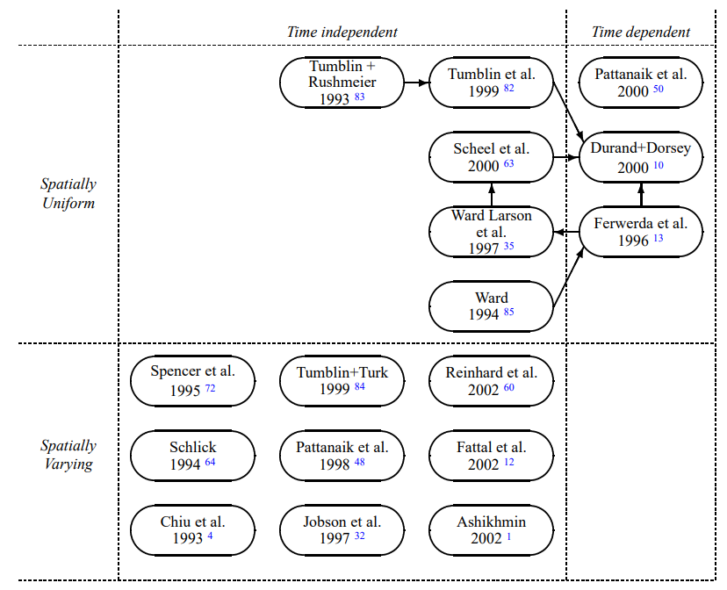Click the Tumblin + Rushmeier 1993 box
point(342,83)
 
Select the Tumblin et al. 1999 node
point(491,83)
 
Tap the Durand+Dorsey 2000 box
point(641,157)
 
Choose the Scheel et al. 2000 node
point(491,157)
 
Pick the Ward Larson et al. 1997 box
point(491,232)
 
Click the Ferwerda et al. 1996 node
point(641,232)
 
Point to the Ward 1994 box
point(491,306)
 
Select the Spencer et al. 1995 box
point(192,381)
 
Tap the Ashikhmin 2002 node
point(491,530)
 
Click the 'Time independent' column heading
point(342,32)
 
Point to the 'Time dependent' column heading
point(641,32)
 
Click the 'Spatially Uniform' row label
point(68,193)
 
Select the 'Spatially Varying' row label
point(68,455)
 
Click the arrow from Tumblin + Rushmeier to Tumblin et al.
point(417,83)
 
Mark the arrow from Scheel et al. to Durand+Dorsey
point(566,157)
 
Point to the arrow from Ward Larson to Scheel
point(492,195)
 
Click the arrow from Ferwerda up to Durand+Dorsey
point(641,195)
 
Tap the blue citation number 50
point(659,89)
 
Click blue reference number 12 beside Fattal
point(508,462)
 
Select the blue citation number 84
point(360,386)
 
